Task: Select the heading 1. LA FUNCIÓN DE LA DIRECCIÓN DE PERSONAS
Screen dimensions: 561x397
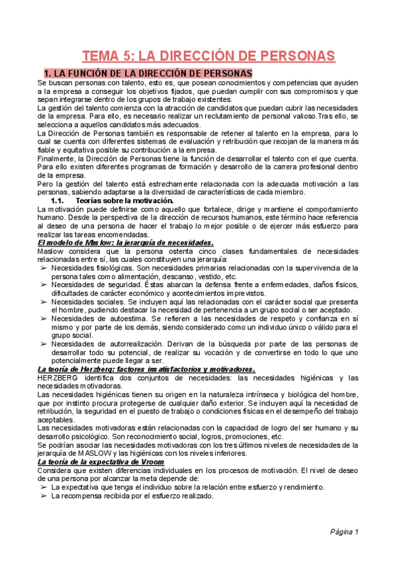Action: click(148, 72)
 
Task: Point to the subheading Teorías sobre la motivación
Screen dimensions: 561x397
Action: click(125, 200)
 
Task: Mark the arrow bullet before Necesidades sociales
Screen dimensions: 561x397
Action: click(43, 302)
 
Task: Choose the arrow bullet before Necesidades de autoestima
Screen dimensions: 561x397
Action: click(43, 319)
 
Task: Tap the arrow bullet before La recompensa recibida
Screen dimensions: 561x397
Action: click(43, 496)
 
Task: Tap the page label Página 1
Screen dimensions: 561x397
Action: click(345, 532)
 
